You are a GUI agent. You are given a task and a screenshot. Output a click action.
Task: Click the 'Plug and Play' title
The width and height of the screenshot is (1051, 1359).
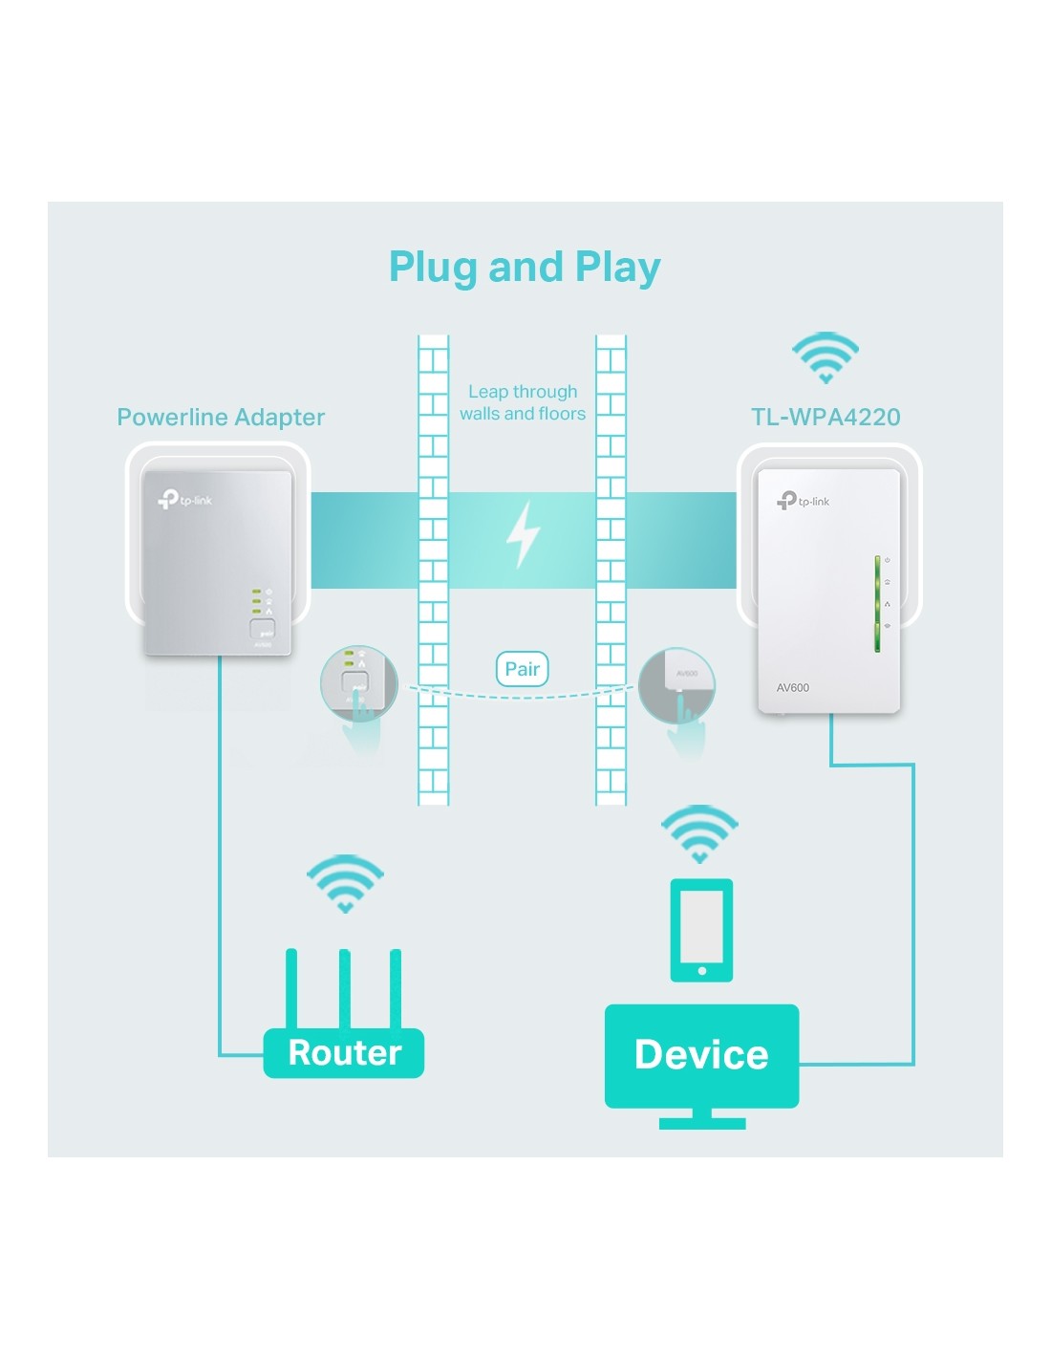(x=525, y=267)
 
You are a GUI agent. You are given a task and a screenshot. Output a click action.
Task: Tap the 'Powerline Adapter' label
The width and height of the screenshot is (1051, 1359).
(x=221, y=417)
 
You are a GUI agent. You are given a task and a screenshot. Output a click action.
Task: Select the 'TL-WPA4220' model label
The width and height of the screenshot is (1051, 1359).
(x=826, y=417)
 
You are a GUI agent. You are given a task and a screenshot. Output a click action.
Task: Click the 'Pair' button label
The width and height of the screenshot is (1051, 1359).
(x=522, y=669)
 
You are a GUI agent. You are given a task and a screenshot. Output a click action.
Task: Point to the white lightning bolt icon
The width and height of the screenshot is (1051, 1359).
(x=523, y=534)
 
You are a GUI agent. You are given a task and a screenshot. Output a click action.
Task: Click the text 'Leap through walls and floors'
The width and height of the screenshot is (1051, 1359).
(x=523, y=402)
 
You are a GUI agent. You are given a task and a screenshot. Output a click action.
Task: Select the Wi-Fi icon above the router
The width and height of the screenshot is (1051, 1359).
(x=345, y=882)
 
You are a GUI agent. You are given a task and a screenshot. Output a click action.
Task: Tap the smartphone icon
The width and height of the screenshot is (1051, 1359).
(x=701, y=929)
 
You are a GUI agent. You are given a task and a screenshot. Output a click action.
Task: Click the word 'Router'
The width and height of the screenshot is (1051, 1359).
(x=345, y=1052)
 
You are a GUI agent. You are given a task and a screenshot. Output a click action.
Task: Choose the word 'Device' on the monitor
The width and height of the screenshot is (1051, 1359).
(x=701, y=1054)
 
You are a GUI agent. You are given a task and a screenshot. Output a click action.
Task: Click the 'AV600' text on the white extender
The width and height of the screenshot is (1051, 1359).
(x=793, y=687)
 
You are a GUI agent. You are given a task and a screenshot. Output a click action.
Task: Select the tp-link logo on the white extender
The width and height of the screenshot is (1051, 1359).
(x=804, y=500)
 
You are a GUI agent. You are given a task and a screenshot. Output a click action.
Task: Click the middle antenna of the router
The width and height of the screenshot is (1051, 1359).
(x=344, y=988)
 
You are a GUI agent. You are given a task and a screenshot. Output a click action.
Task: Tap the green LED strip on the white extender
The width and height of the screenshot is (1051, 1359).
(x=877, y=603)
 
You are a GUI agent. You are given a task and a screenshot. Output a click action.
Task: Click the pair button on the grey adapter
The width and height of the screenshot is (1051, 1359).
(x=262, y=629)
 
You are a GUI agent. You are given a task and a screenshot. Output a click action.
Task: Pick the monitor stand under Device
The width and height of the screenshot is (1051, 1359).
(x=702, y=1119)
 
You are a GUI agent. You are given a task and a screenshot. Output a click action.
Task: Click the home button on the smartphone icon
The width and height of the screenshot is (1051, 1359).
(x=702, y=971)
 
